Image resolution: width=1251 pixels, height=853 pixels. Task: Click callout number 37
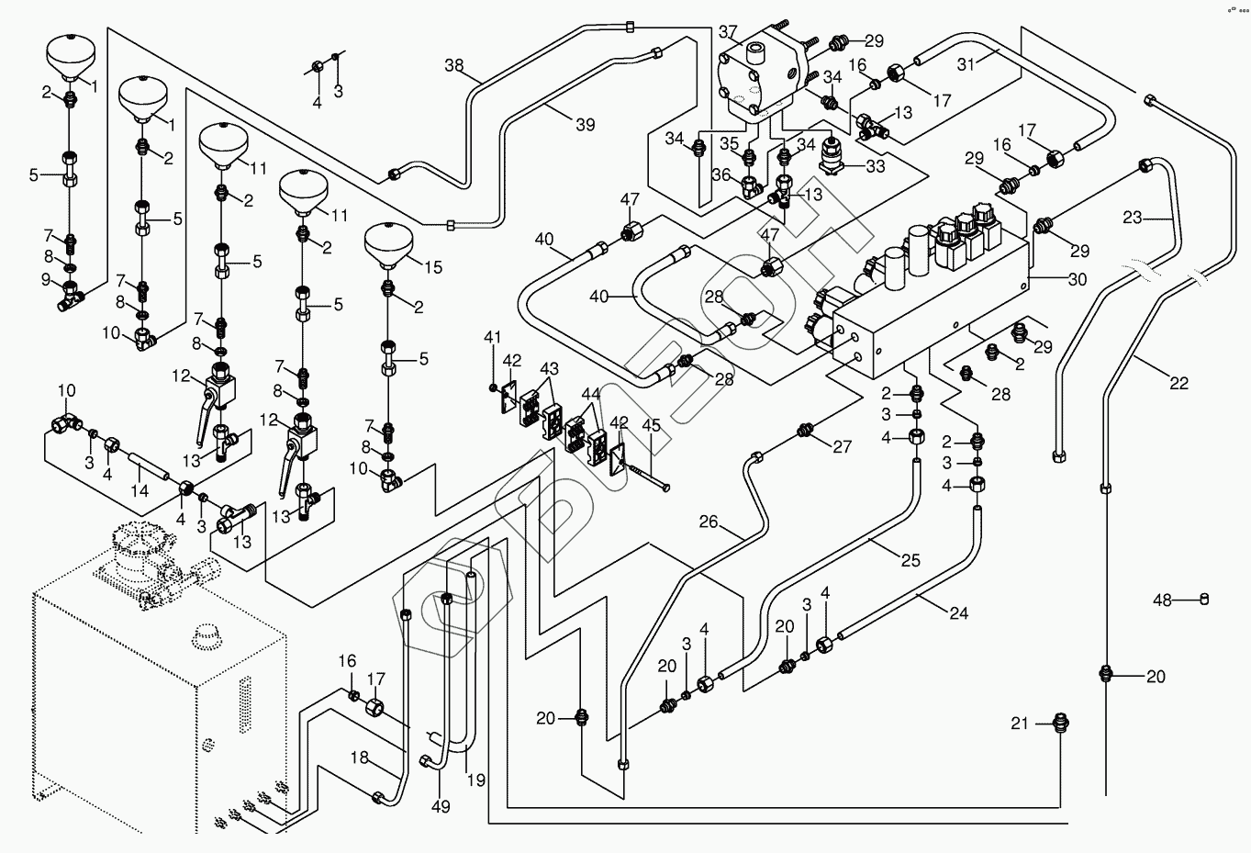(728, 33)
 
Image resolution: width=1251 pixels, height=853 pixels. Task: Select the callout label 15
(432, 267)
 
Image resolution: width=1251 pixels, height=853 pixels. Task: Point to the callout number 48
(1163, 600)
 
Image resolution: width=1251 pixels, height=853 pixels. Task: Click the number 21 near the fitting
(1021, 724)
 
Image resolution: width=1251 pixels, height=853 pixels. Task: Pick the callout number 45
(651, 425)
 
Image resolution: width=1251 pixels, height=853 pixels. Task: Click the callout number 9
(46, 279)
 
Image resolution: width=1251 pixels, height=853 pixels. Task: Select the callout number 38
(454, 65)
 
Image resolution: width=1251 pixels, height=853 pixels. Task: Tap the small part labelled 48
(1205, 600)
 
